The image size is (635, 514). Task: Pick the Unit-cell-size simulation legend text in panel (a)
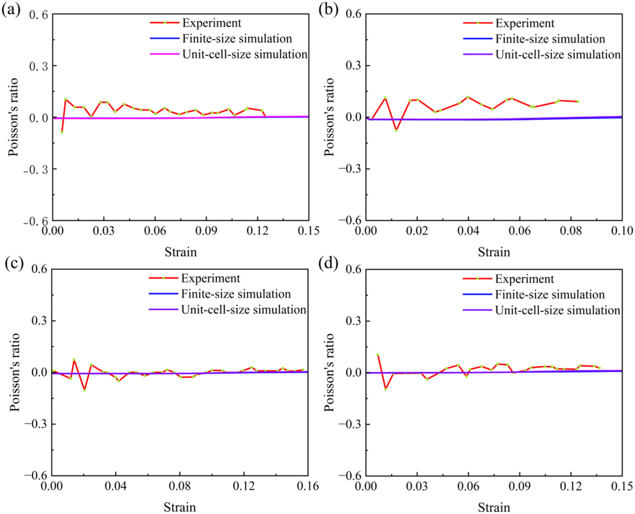[244, 53]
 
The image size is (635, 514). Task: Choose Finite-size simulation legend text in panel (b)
[550, 39]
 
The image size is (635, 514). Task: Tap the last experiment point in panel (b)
[578, 101]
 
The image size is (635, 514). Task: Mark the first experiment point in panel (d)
[378, 355]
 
